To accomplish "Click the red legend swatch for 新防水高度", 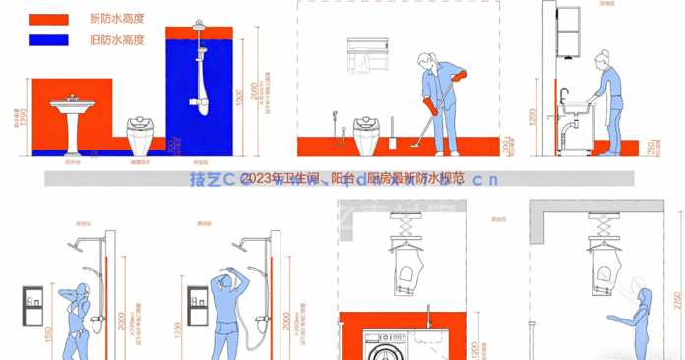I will (48, 19).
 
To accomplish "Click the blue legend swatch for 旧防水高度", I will (48, 39).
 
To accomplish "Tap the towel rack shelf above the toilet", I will (371, 55).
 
